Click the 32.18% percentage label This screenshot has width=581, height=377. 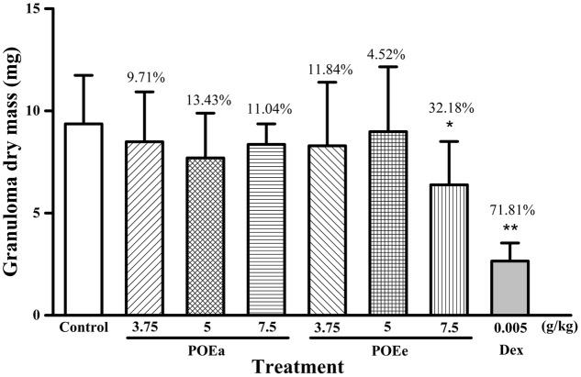[x=450, y=108]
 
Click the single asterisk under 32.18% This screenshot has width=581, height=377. [x=450, y=125]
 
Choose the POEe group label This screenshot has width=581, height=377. [x=388, y=349]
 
